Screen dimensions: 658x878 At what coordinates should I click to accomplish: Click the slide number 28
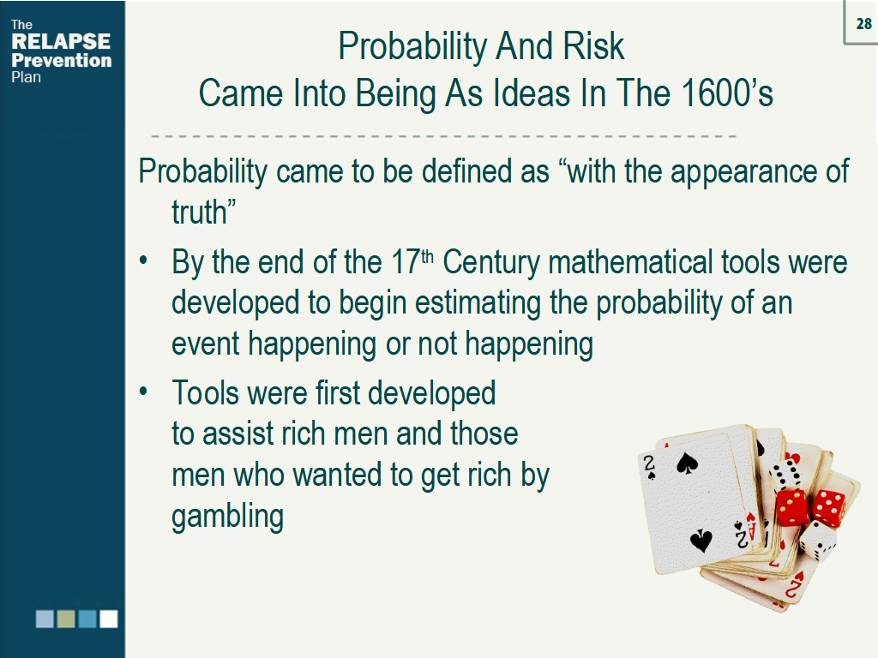tap(863, 25)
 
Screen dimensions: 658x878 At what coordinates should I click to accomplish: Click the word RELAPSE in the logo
tap(61, 42)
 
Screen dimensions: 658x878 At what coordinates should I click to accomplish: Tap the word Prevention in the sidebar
tap(61, 60)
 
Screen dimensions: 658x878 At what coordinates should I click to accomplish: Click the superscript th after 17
tap(428, 255)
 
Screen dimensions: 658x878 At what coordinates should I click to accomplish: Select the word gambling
tap(227, 517)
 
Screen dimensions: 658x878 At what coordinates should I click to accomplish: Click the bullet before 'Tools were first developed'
tap(146, 391)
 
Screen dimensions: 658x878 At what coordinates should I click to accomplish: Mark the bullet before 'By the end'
tap(146, 260)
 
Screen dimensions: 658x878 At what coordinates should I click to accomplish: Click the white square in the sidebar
tap(108, 619)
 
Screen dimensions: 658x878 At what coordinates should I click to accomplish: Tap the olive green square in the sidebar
tap(66, 619)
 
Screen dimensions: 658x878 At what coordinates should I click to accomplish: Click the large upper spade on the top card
tap(687, 464)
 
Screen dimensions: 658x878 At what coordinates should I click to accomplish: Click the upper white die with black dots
tap(785, 476)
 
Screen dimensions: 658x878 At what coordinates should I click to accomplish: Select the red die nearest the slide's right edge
tap(828, 507)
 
